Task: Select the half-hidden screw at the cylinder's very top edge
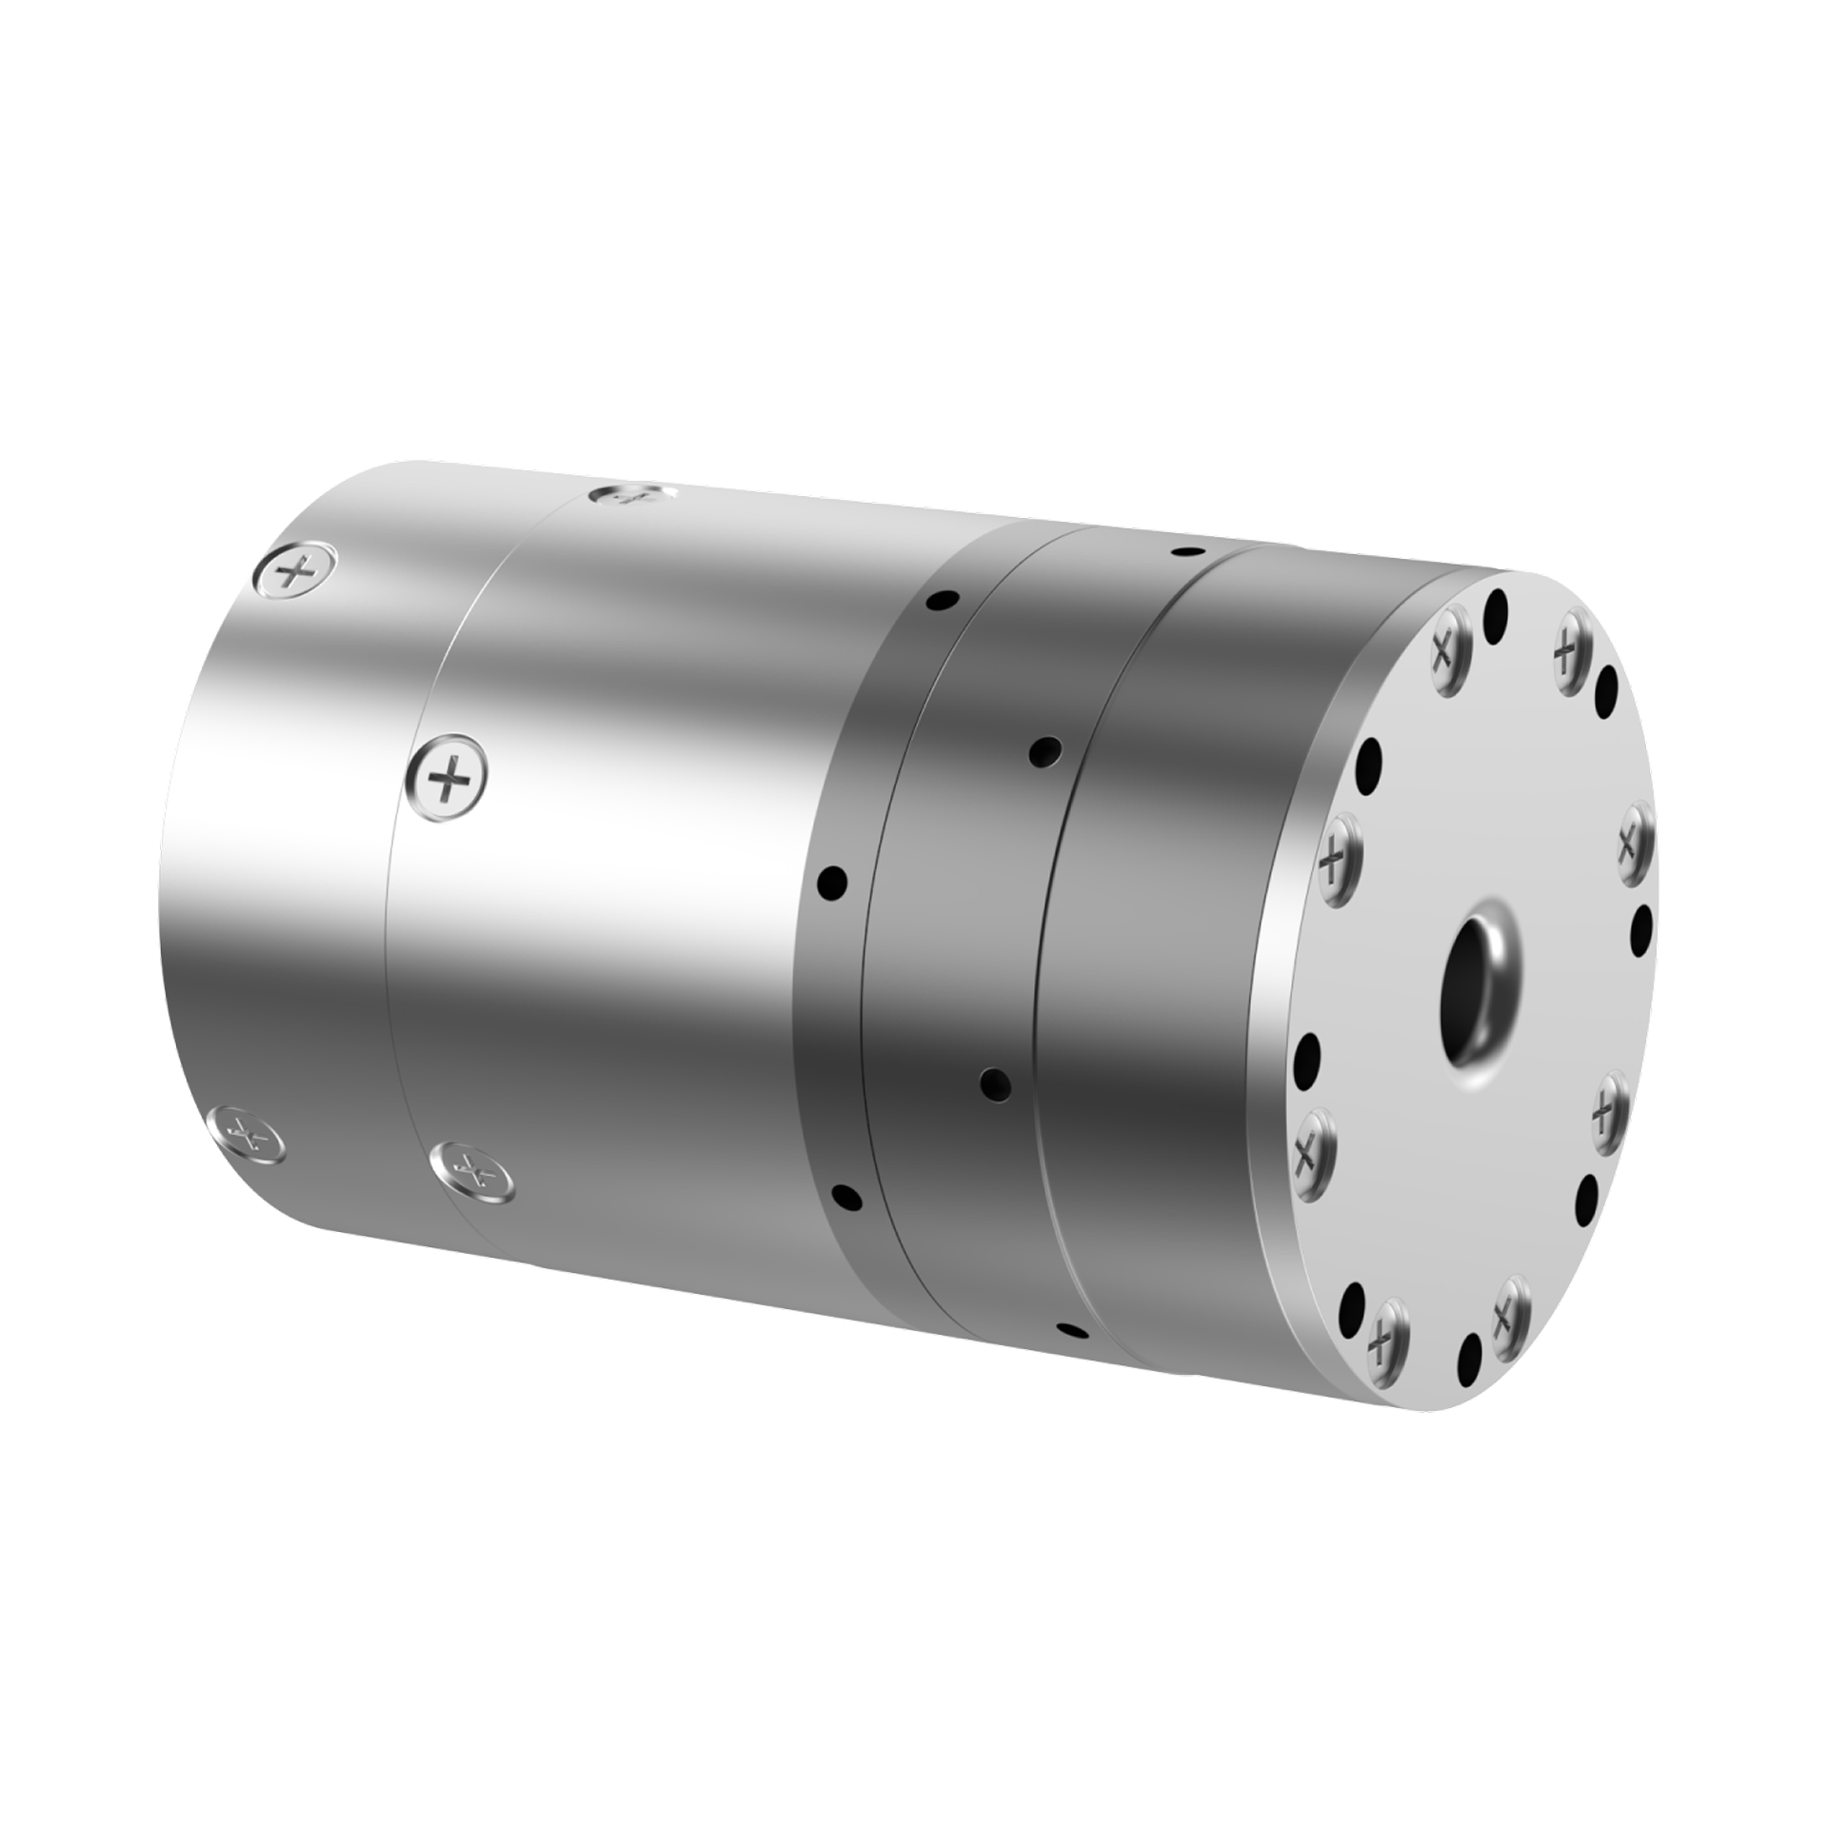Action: (x=631, y=495)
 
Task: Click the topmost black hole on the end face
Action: (x=1497, y=606)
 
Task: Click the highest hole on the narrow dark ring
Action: (x=942, y=601)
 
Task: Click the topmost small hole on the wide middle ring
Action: (x=1185, y=551)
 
